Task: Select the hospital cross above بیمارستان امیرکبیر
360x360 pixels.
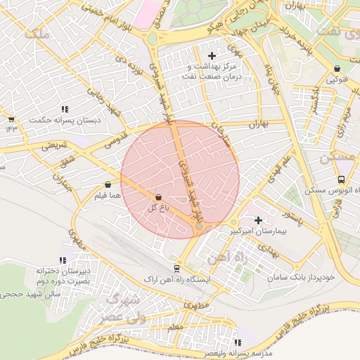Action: (x=259, y=220)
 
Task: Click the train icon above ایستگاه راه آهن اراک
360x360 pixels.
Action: (x=176, y=268)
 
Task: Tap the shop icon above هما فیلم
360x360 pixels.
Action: (x=107, y=184)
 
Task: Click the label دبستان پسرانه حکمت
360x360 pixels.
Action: (x=65, y=120)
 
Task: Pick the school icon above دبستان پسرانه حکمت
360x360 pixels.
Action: (x=65, y=109)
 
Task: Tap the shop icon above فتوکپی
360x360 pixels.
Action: (x=338, y=69)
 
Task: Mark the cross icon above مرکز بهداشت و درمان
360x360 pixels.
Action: (x=212, y=55)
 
